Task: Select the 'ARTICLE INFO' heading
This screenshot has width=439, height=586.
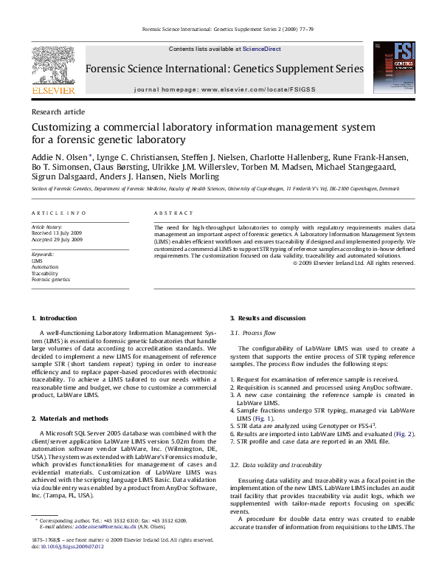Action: click(58, 213)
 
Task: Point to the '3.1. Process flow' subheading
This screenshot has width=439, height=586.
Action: click(254, 334)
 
